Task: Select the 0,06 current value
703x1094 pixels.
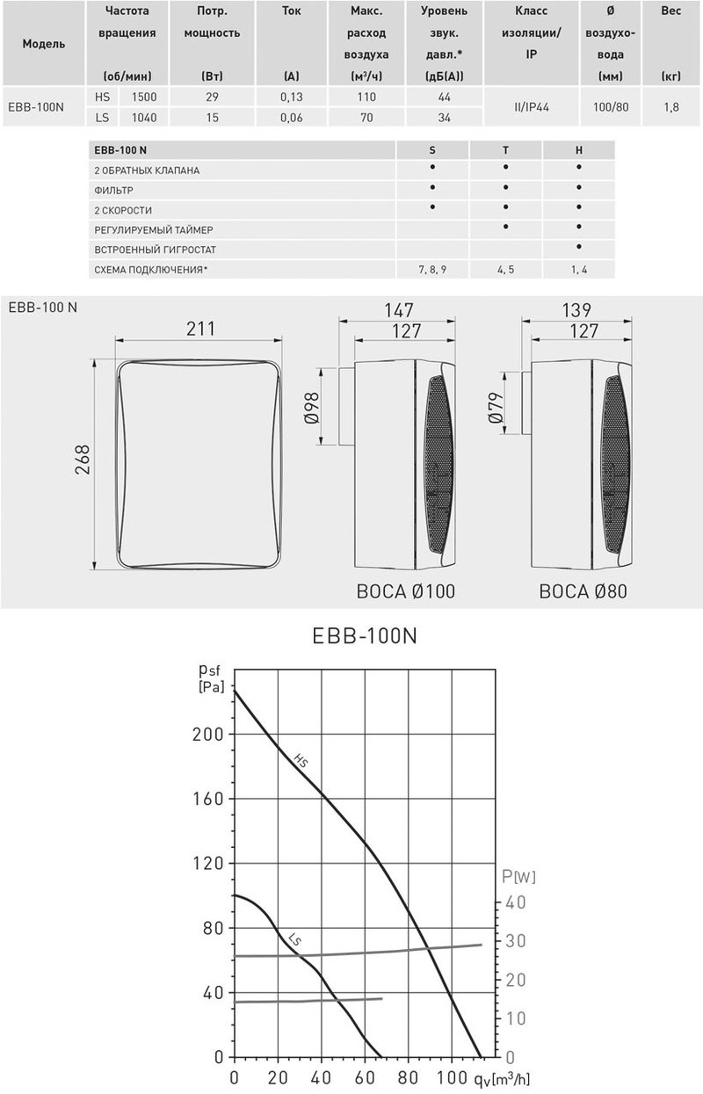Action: (292, 116)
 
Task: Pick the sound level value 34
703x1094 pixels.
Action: (445, 116)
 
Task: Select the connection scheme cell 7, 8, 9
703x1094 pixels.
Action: (432, 269)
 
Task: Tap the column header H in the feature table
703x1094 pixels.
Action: (578, 150)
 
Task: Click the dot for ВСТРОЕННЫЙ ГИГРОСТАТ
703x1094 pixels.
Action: (578, 249)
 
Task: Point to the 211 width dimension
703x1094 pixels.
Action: (200, 329)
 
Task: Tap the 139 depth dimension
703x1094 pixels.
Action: (576, 310)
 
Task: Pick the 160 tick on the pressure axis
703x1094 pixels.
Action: (207, 799)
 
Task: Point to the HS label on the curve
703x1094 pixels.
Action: (301, 762)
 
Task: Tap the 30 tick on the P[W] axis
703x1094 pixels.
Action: (517, 941)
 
